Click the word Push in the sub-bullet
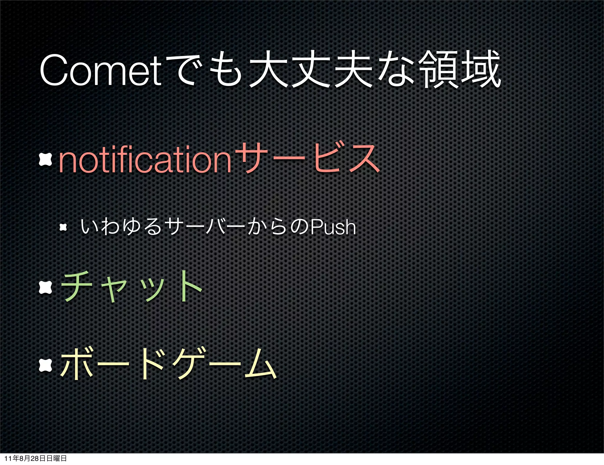pyautogui.click(x=333, y=227)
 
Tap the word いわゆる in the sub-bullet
pyautogui.click(x=121, y=227)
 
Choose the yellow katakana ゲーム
pyautogui.click(x=224, y=364)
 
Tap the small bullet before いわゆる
pyautogui.click(x=63, y=227)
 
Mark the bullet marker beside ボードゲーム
pyautogui.click(x=46, y=365)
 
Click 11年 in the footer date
pyautogui.click(x=11, y=459)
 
